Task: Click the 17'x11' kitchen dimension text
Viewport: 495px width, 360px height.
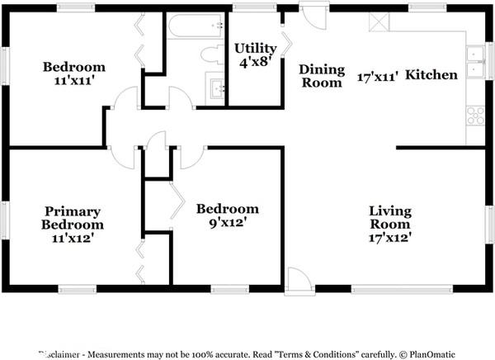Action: coord(378,76)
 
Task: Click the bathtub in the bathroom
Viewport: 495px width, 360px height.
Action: coord(195,27)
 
